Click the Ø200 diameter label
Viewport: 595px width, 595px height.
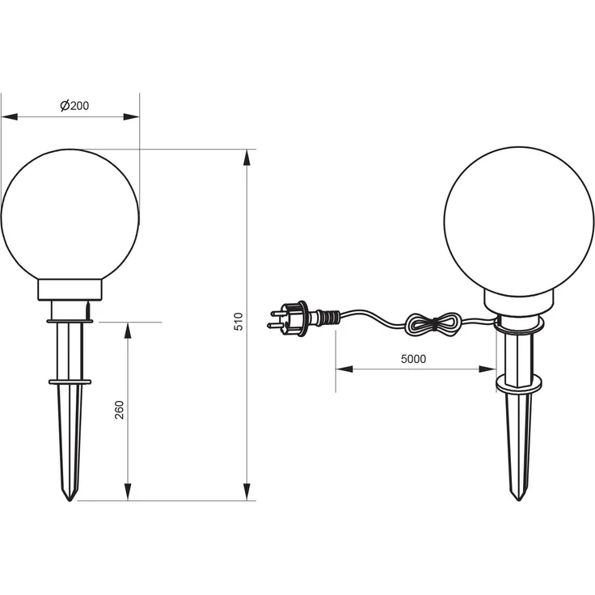pos(74,105)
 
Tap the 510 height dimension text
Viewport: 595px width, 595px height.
pos(238,322)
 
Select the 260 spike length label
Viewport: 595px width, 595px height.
pos(119,410)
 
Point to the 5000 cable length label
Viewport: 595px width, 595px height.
pos(413,359)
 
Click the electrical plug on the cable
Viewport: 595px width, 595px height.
pos(289,319)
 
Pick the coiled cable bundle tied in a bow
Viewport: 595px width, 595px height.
pos(433,325)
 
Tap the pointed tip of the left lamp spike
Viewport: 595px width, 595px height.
pos(70,501)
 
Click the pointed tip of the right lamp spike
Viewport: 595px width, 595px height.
pos(519,501)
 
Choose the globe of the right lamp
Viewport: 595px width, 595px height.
pos(519,222)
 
